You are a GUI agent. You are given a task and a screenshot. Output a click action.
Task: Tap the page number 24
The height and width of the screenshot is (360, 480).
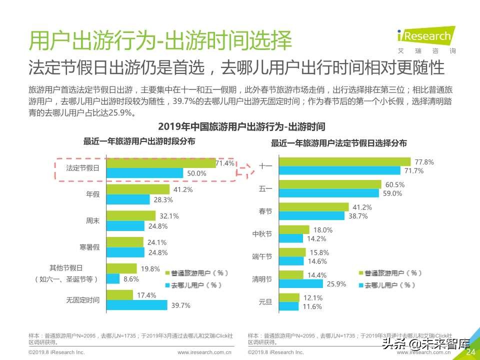click(x=470, y=352)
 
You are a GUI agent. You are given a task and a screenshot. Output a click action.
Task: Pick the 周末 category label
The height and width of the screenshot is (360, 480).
click(x=93, y=220)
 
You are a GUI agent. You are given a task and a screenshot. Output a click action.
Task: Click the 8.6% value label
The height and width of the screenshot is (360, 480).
click(x=131, y=279)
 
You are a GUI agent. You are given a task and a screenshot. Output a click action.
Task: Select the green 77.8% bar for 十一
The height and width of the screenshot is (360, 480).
click(x=344, y=162)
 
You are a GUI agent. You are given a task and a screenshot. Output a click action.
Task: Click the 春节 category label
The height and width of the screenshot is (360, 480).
click(x=265, y=211)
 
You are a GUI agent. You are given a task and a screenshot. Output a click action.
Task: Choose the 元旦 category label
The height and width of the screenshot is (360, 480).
click(x=265, y=302)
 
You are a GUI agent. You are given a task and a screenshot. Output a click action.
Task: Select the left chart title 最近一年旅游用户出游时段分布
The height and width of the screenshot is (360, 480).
click(x=139, y=141)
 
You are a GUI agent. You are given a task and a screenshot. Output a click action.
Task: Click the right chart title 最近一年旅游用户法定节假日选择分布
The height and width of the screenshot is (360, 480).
click(x=338, y=143)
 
